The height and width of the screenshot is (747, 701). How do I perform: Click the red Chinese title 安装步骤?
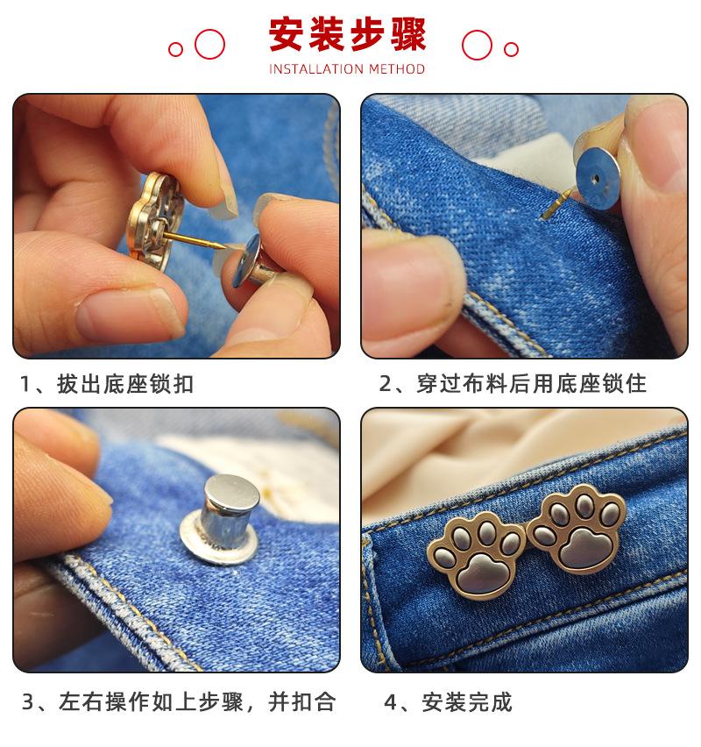pyautogui.click(x=347, y=34)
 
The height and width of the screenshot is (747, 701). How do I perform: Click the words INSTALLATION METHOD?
pyautogui.click(x=347, y=69)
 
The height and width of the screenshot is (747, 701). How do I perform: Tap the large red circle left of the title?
pyautogui.click(x=209, y=45)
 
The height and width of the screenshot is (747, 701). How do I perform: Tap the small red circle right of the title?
pyautogui.click(x=511, y=49)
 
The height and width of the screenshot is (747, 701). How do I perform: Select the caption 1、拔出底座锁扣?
pyautogui.click(x=107, y=384)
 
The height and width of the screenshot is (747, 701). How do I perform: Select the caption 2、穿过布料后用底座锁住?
pyautogui.click(x=513, y=384)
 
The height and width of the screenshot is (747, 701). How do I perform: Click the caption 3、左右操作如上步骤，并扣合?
pyautogui.click(x=179, y=701)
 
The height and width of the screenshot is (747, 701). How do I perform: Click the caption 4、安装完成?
pyautogui.click(x=448, y=702)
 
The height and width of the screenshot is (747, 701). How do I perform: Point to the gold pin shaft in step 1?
pyautogui.click(x=195, y=240)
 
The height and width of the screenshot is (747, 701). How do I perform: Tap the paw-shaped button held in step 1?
pyautogui.click(x=155, y=222)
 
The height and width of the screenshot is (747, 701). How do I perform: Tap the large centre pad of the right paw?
pyautogui.click(x=582, y=545)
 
